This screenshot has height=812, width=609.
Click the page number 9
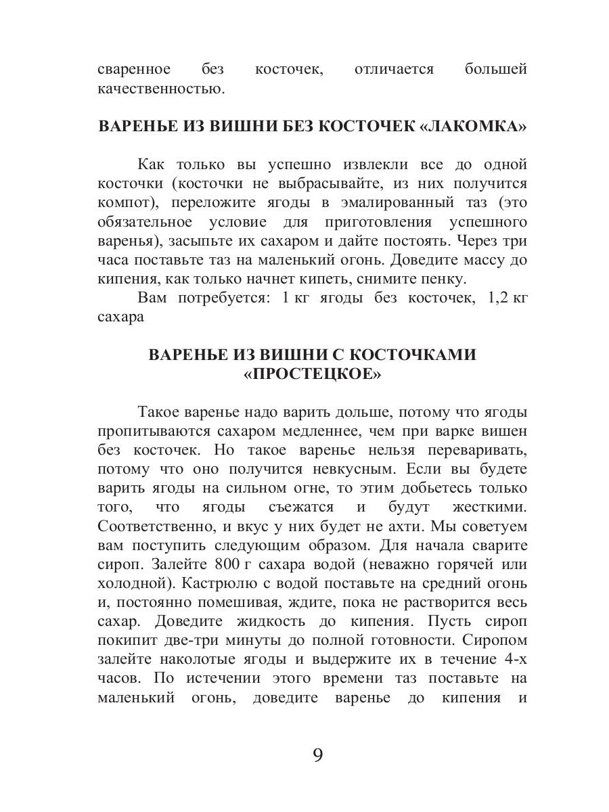click(318, 755)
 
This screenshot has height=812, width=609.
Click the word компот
click(129, 202)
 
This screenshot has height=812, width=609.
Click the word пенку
click(445, 279)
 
